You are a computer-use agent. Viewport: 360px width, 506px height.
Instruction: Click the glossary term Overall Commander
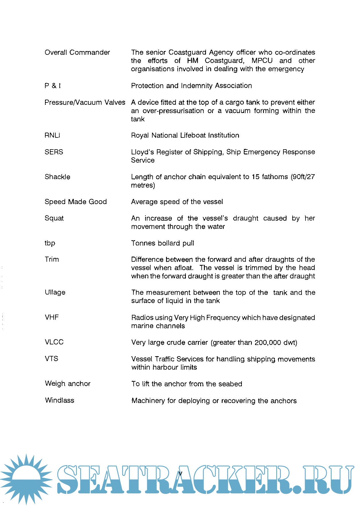(x=77, y=53)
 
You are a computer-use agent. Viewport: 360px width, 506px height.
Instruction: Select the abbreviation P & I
(x=52, y=86)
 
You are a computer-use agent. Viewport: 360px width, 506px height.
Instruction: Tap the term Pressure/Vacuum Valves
(x=85, y=102)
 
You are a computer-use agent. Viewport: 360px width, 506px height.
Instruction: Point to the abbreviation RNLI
(x=52, y=135)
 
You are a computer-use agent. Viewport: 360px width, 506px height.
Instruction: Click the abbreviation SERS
(x=54, y=152)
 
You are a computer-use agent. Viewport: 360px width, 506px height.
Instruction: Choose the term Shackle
(x=57, y=177)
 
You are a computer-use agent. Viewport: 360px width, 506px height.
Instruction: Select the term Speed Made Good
(x=76, y=202)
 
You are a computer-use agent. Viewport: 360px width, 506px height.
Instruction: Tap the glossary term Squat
(x=54, y=218)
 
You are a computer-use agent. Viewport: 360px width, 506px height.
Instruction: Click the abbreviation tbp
(x=50, y=243)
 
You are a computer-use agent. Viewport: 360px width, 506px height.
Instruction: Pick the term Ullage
(x=55, y=292)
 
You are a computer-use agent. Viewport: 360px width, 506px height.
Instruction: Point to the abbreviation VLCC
(x=54, y=342)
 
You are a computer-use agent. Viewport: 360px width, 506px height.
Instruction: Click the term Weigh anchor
(x=68, y=384)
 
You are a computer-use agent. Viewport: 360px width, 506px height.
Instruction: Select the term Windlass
(x=60, y=400)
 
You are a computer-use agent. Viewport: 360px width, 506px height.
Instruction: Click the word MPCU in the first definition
(x=262, y=61)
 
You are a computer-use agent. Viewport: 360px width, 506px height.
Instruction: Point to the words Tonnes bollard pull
(x=163, y=243)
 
